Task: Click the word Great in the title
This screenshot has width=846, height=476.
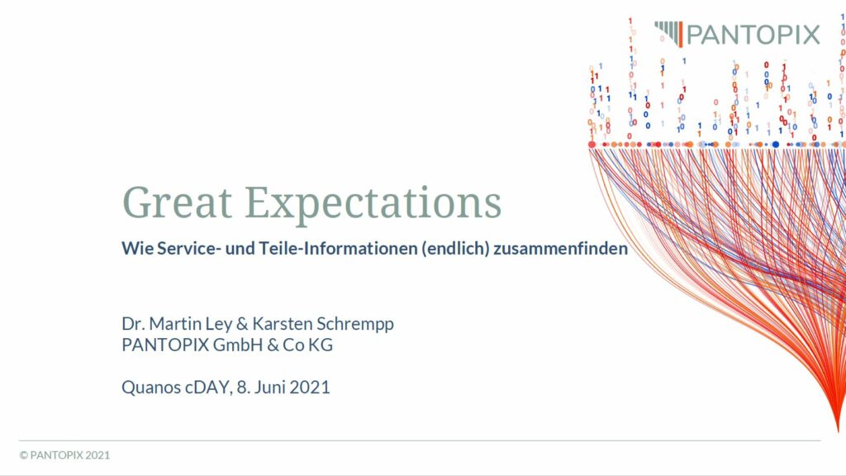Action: click(x=178, y=202)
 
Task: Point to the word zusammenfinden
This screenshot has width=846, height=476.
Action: click(x=561, y=248)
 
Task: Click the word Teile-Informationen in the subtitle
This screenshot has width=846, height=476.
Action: click(x=338, y=248)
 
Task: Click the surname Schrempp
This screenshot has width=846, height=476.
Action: click(x=355, y=324)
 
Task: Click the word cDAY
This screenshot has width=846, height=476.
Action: click(x=209, y=388)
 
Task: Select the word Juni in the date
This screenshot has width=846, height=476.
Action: click(x=269, y=387)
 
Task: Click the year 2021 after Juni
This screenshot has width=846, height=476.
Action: click(x=310, y=387)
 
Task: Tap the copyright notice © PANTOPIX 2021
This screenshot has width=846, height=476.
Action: click(x=64, y=455)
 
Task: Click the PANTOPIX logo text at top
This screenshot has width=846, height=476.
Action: click(x=753, y=35)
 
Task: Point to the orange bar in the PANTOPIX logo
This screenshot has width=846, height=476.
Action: click(x=680, y=34)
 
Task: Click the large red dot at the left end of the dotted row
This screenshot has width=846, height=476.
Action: click(x=592, y=145)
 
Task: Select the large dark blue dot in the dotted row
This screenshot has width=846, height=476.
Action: click(x=776, y=145)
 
